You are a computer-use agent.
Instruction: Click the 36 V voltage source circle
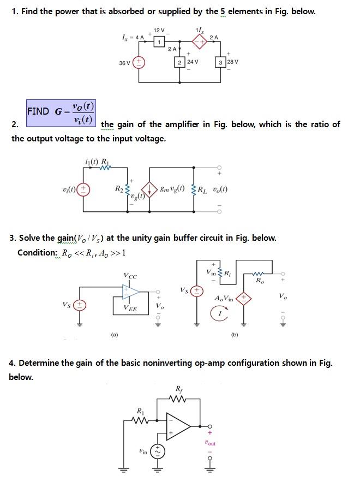pyautogui.click(x=139, y=62)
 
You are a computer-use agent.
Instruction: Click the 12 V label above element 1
pyautogui.click(x=159, y=30)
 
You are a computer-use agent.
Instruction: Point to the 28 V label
pyautogui.click(x=233, y=62)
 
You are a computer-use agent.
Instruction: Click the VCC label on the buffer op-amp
pyautogui.click(x=130, y=275)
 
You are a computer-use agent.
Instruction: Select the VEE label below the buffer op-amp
pyautogui.click(x=130, y=308)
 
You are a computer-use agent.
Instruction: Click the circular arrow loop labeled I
pyautogui.click(x=218, y=313)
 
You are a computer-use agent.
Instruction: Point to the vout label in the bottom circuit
pyautogui.click(x=210, y=444)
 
